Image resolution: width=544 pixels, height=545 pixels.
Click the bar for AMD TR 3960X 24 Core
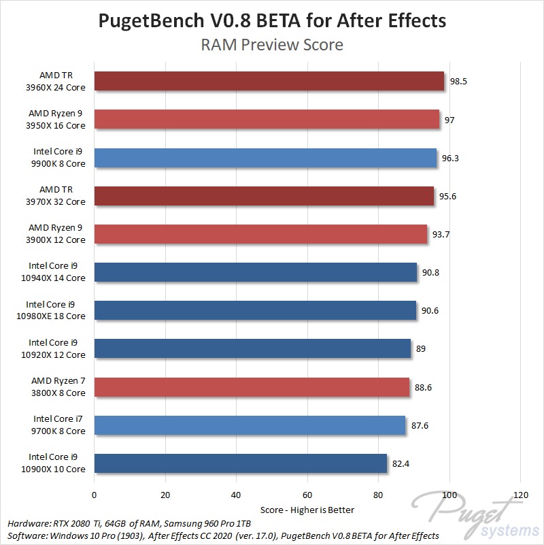[269, 82]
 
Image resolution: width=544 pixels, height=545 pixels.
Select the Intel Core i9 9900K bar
[265, 158]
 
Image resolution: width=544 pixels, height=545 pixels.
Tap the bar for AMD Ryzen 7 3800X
[252, 387]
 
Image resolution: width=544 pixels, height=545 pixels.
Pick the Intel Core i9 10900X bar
[241, 463]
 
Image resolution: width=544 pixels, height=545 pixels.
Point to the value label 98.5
[459, 82]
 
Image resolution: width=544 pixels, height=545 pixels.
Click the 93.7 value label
[442, 234]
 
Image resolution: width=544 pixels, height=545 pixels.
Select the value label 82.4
[402, 463]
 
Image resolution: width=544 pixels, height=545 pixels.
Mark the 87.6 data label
[420, 425]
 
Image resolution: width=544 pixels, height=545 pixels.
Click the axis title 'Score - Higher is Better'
[307, 509]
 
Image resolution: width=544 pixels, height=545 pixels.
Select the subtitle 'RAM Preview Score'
[272, 46]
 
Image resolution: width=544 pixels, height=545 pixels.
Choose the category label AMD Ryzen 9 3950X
[57, 120]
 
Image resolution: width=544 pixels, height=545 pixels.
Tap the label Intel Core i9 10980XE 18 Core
[56, 310]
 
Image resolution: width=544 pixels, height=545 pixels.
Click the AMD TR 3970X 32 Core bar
[264, 196]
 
